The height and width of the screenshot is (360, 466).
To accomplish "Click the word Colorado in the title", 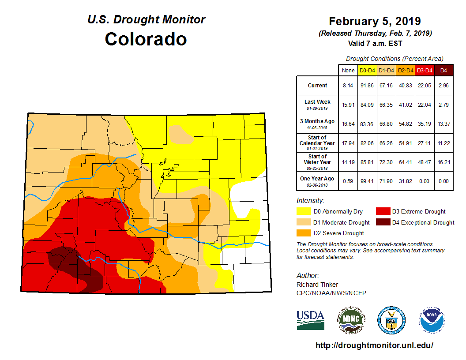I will (x=146, y=39).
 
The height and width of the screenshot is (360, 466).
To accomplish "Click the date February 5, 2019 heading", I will (x=375, y=21).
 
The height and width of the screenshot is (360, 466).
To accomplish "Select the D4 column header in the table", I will (x=443, y=70).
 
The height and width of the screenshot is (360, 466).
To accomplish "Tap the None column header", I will (x=348, y=70).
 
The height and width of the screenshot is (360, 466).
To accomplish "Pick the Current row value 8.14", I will (x=348, y=86).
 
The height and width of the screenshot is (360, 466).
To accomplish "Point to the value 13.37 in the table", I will (x=443, y=124).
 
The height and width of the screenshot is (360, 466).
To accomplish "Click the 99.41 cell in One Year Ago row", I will (x=367, y=181).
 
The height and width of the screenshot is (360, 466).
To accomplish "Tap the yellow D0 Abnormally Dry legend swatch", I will (x=303, y=211).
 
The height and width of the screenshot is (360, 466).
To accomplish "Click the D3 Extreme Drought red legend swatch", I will (x=382, y=211).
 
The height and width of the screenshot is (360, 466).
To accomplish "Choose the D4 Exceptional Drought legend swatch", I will (x=382, y=222).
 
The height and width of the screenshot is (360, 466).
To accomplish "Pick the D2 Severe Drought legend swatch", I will (x=303, y=233).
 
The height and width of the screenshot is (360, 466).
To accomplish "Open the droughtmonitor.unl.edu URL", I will (x=374, y=345).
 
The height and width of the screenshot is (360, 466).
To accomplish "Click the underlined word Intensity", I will (x=310, y=200).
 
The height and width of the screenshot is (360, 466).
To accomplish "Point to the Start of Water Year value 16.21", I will (x=443, y=162).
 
